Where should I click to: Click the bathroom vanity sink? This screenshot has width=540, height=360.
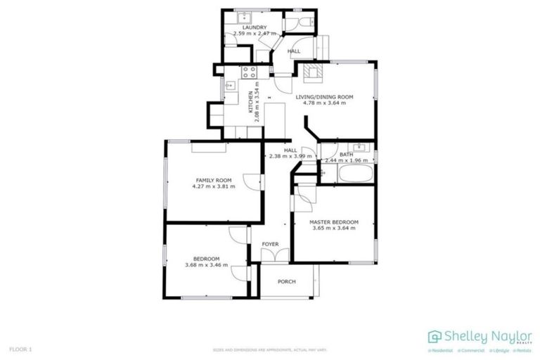pos(359,147)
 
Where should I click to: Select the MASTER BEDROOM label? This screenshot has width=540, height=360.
pos(334,222)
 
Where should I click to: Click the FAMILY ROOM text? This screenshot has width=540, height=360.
pos(214,180)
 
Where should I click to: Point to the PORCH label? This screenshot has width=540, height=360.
pos(286,282)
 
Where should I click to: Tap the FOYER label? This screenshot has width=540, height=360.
pos(271,245)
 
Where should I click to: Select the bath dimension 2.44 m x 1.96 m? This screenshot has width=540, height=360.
pos(346,161)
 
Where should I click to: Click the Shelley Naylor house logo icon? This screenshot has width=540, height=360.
pos(435,336)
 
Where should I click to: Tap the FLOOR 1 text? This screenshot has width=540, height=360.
pos(20,349)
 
